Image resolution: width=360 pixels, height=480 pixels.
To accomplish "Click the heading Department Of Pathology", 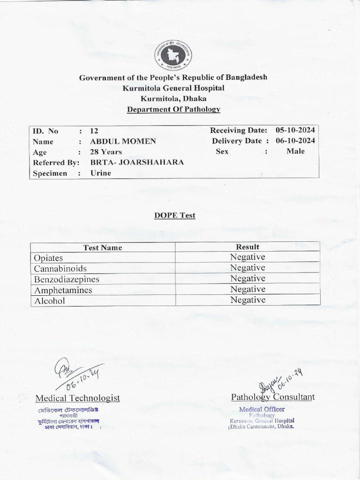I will [173, 109].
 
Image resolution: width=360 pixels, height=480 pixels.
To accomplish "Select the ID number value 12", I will [94, 131].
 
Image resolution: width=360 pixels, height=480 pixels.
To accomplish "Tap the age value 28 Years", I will [106, 152].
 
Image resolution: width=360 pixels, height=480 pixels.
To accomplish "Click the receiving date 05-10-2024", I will [295, 130].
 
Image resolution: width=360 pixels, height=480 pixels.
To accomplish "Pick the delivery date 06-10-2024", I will [295, 141].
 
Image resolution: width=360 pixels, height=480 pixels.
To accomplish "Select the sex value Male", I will [295, 151].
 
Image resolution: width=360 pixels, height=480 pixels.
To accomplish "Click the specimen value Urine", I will [101, 173].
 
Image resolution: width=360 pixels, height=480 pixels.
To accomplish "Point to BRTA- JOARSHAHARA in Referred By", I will [137, 162].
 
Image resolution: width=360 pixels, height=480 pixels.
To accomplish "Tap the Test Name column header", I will [103, 247].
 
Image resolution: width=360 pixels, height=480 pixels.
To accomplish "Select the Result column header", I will [247, 247].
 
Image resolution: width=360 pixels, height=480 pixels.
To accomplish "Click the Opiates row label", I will [48, 258].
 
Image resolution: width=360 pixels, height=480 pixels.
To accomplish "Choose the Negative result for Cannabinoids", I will [247, 268].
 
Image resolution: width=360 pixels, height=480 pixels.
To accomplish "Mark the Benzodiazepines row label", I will [67, 279].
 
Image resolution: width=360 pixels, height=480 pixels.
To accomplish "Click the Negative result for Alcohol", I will [247, 300].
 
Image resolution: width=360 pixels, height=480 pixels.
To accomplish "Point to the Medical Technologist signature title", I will [77, 398].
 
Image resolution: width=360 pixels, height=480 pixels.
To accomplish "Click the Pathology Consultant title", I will [273, 397].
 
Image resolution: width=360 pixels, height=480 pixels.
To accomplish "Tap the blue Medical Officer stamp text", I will [262, 409].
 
